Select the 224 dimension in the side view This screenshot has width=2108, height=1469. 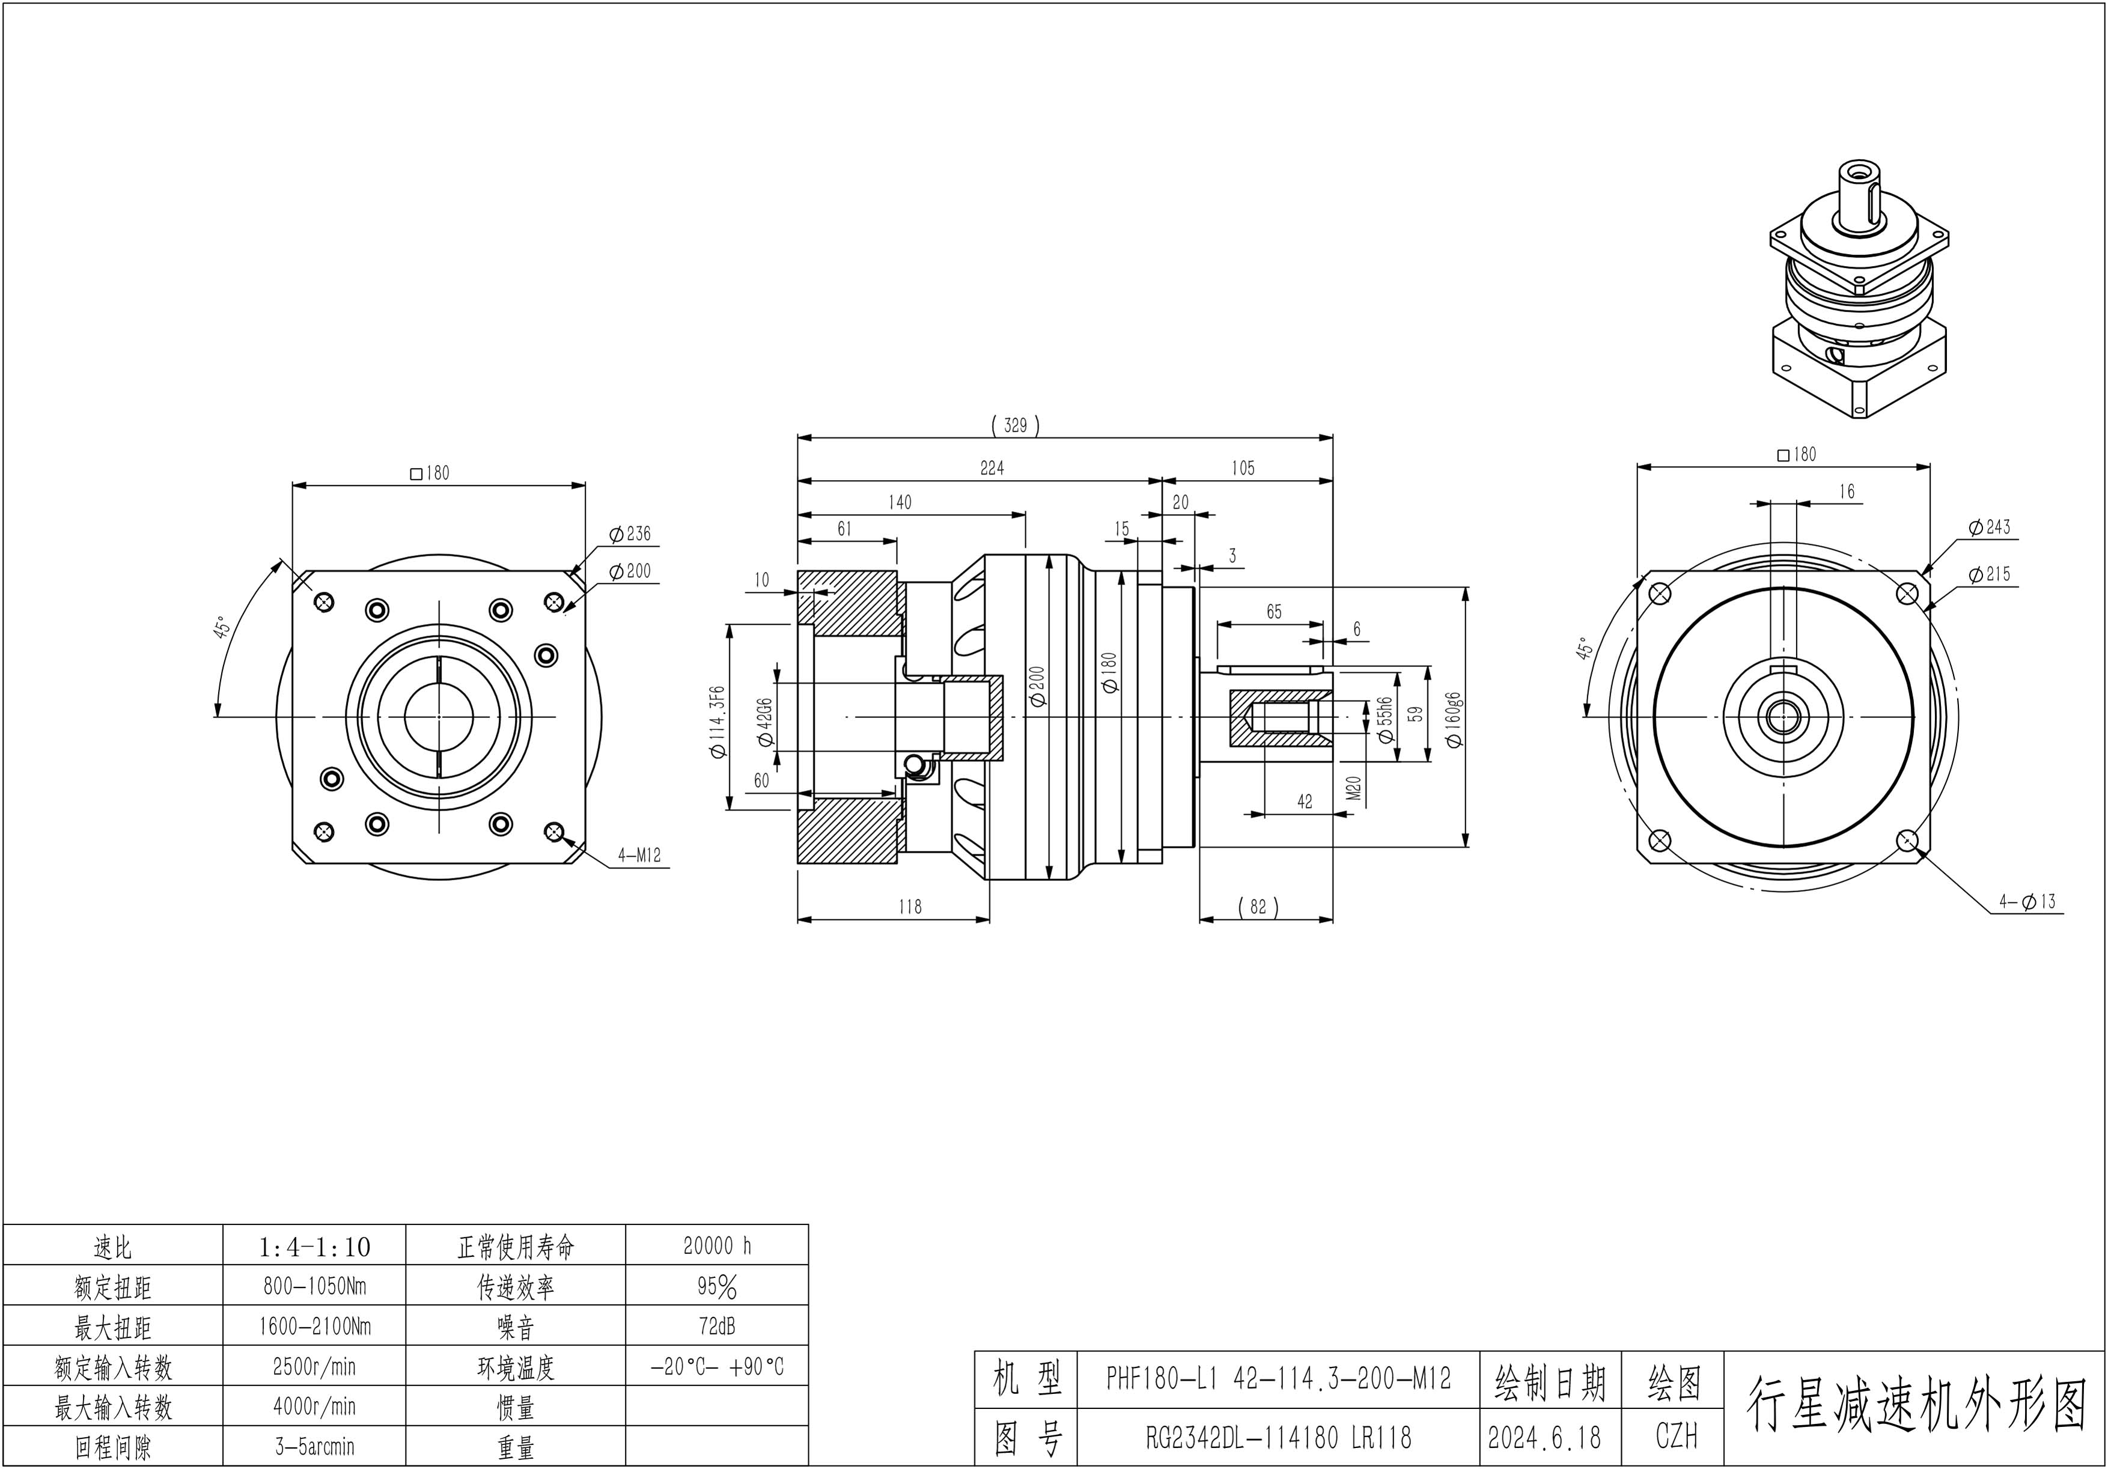pyautogui.click(x=992, y=468)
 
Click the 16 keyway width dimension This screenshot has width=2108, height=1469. pyautogui.click(x=1847, y=492)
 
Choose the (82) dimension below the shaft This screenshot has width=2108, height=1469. pyautogui.click(x=1258, y=907)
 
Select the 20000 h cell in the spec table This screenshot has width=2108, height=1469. pyautogui.click(x=717, y=1246)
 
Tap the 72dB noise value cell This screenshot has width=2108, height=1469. pyautogui.click(x=717, y=1327)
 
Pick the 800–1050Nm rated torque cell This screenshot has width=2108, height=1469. pyautogui.click(x=314, y=1287)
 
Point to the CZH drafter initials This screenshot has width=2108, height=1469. pyautogui.click(x=1675, y=1438)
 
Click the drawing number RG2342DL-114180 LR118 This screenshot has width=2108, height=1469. pyautogui.click(x=1278, y=1438)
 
